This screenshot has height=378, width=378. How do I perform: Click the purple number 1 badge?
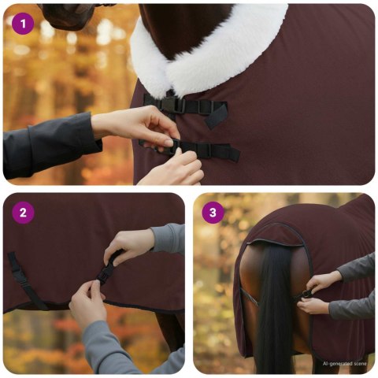[x=23, y=24]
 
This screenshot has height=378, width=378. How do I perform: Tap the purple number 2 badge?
[x=23, y=212]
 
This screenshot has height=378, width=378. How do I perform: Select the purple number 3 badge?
[x=213, y=213]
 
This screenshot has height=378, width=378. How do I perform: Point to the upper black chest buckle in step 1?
[x=175, y=104]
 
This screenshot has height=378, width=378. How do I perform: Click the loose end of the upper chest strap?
[x=217, y=111]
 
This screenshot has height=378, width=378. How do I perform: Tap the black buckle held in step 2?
[x=105, y=272]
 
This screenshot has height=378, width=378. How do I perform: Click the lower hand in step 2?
[x=87, y=303]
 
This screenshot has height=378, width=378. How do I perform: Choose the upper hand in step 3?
[x=324, y=280]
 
